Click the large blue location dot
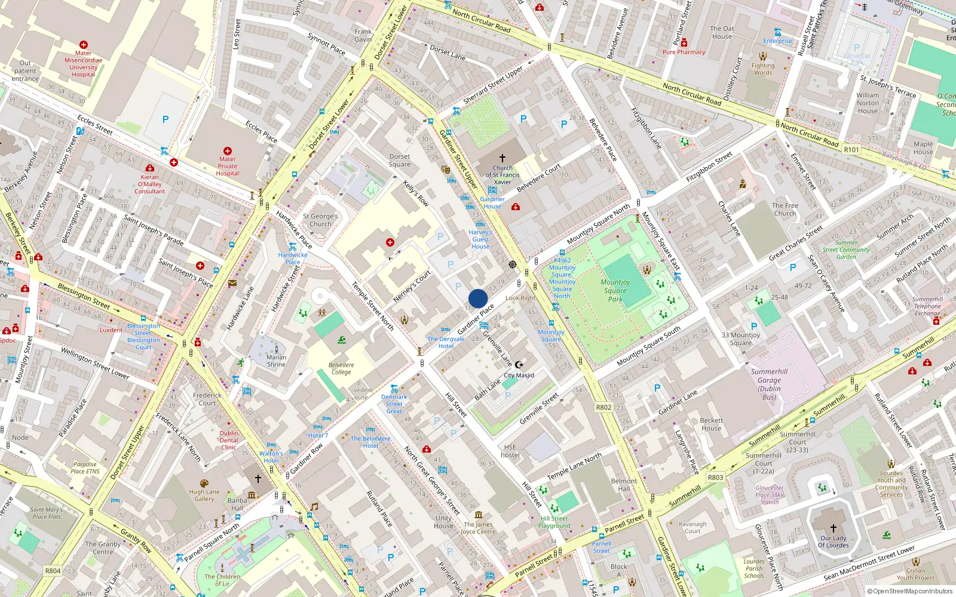(478, 298)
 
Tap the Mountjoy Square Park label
(615, 290)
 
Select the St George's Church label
(320, 220)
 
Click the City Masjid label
(519, 376)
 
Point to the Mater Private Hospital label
(227, 166)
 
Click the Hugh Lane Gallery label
(204, 496)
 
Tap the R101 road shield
(851, 150)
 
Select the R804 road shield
(53, 571)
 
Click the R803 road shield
(715, 477)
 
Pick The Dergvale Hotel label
(446, 342)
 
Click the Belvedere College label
(341, 368)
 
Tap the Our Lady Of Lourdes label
(833, 541)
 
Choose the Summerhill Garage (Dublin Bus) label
(769, 384)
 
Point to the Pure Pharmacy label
(684, 52)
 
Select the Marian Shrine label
(276, 361)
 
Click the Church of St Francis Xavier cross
(502, 158)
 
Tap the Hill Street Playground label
(554, 522)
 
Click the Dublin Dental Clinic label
(229, 440)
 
